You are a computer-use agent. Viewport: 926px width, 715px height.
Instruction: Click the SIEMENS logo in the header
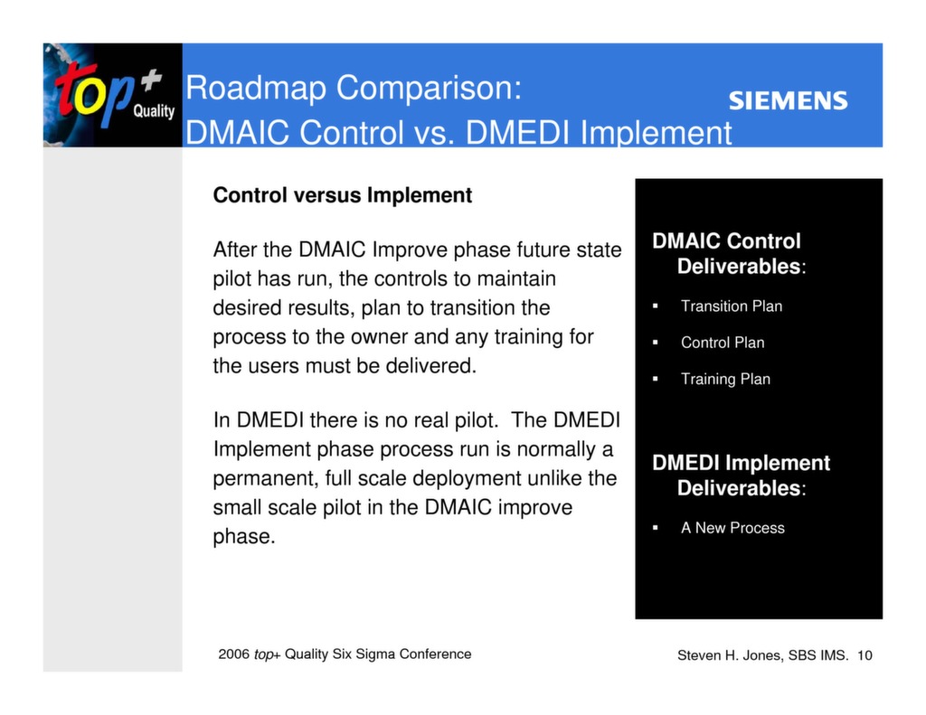788,100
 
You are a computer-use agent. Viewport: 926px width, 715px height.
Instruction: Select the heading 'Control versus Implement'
342,195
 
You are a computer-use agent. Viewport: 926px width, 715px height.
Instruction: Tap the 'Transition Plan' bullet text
731,306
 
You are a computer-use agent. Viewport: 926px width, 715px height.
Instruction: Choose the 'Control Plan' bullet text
722,343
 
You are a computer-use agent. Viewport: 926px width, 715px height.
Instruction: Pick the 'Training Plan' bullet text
725,379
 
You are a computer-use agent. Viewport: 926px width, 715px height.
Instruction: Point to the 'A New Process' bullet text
732,528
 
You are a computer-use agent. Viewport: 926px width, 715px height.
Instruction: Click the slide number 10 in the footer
865,655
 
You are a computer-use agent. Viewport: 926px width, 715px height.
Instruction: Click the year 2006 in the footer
233,654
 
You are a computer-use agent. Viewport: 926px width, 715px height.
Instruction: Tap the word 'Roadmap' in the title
257,89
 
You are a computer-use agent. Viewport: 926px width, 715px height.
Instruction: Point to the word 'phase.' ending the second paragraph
243,537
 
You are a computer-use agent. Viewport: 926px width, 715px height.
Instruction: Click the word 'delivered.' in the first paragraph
430,367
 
